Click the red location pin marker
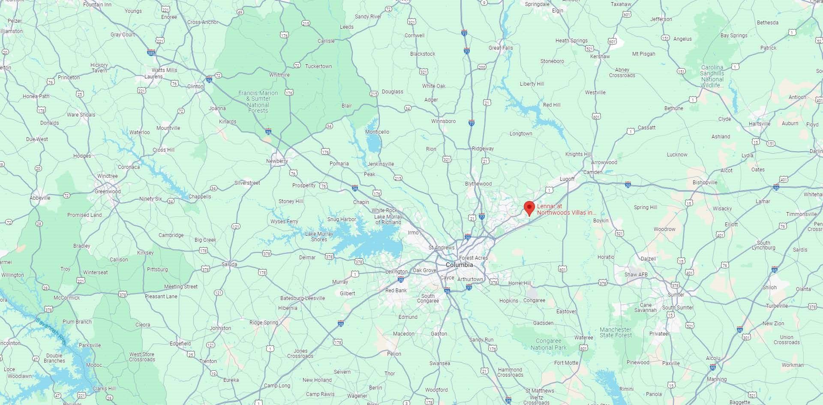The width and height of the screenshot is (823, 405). click(x=529, y=208)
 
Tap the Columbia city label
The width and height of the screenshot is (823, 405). click(x=459, y=265)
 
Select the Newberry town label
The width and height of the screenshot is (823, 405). click(x=277, y=161)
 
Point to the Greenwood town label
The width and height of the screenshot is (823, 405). click(x=108, y=192)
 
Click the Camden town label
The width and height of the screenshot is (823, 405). click(x=593, y=172)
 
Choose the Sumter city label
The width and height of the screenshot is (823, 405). click(x=676, y=295)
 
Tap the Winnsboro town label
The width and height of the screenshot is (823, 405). click(x=443, y=121)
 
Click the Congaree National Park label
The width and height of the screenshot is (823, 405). click(x=548, y=345)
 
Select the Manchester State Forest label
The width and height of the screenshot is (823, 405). click(x=615, y=333)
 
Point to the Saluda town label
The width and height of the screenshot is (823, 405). click(x=229, y=264)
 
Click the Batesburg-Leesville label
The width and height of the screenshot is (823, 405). click(x=302, y=298)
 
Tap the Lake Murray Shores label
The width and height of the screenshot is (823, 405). click(x=319, y=237)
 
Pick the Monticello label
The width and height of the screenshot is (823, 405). click(x=377, y=132)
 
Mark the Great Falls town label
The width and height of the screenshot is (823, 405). click(x=501, y=48)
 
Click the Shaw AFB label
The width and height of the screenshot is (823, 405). click(x=636, y=275)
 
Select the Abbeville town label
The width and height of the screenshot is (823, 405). click(x=40, y=198)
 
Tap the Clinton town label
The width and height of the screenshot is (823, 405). click(x=195, y=87)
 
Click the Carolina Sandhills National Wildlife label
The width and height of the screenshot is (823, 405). click(x=712, y=76)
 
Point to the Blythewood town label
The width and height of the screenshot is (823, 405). click(x=478, y=184)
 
